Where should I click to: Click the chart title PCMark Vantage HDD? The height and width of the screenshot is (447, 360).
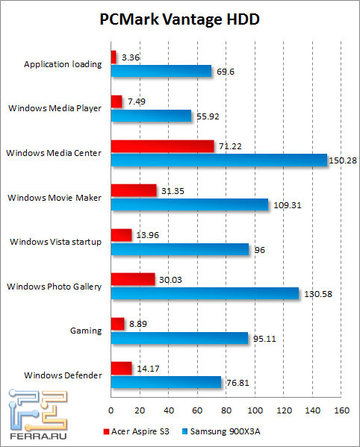180,19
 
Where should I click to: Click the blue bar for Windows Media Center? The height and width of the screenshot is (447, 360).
219,160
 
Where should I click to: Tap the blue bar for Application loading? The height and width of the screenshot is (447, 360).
161,71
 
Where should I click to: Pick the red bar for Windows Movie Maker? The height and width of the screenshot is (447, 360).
134,190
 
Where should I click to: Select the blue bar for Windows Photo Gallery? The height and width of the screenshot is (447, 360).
205,293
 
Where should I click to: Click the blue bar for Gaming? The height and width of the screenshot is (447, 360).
179,337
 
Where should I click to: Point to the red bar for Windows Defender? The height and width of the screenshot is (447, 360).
121,367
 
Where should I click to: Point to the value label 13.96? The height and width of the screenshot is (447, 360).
148,234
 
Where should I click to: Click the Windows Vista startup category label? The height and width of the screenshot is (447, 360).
55,242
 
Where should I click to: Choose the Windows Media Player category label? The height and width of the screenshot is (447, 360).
55,108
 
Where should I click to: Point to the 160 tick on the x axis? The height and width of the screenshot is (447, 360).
341,410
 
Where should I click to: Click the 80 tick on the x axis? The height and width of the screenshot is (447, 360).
226,410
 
